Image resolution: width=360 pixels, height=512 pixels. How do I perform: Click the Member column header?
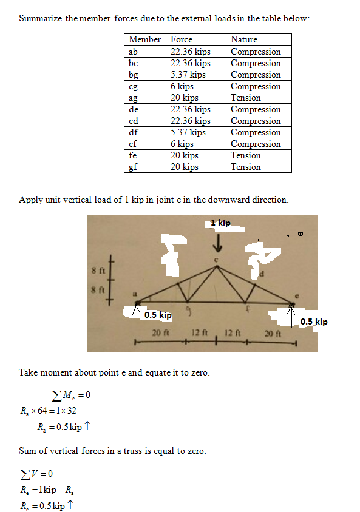144,39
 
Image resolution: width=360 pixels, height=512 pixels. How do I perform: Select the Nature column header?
244,39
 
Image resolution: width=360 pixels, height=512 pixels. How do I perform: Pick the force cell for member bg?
188,75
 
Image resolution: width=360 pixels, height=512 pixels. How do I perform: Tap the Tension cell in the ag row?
246,98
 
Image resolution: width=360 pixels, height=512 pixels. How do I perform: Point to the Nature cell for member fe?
246,155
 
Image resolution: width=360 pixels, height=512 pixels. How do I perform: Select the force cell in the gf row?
185,167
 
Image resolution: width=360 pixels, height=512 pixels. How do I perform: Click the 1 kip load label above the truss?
222,223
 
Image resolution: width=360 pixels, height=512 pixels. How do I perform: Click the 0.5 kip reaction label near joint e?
314,322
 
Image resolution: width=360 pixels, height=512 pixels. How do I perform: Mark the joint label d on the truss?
262,274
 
